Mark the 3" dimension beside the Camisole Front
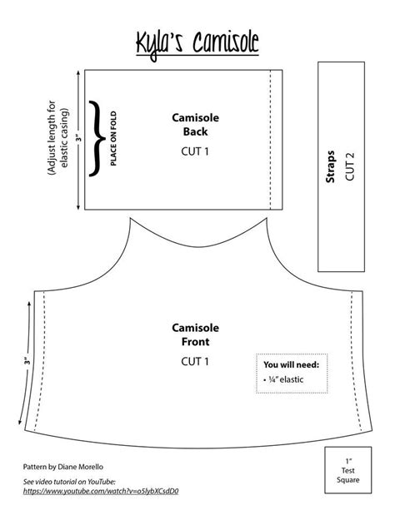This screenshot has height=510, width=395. coord(27,363)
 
